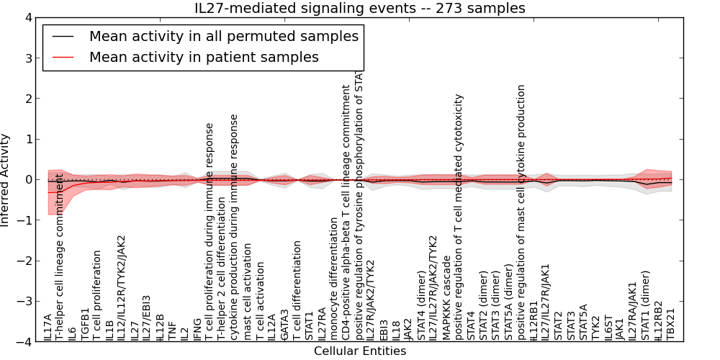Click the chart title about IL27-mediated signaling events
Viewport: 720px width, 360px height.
tap(359, 8)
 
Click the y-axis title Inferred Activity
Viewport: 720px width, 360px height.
tap(6, 179)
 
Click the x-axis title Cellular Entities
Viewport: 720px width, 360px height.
tap(359, 351)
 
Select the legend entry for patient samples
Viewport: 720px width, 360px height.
tap(204, 57)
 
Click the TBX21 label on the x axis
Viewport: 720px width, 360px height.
tap(672, 325)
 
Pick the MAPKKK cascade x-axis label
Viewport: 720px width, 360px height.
tap(446, 296)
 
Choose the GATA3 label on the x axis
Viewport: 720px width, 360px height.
tap(284, 324)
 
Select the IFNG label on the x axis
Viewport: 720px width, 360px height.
tap(197, 328)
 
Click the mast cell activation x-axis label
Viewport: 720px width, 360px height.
tap(247, 291)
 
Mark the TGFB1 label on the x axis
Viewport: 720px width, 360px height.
tap(85, 323)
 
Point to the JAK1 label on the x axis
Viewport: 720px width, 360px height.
tap(621, 328)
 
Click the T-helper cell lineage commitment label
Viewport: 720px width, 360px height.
tap(60, 256)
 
